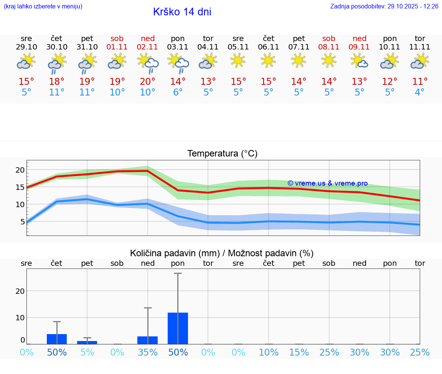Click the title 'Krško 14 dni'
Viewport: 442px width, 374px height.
point(182,12)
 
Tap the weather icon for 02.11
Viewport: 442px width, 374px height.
point(148,63)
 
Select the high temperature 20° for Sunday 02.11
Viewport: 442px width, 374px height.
point(148,82)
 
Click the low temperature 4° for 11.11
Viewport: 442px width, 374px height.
point(420,92)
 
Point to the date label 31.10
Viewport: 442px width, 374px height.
point(87,47)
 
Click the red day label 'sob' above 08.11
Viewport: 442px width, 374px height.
point(329,38)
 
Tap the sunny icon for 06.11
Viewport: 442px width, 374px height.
point(268,60)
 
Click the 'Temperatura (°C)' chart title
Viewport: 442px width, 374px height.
point(222,154)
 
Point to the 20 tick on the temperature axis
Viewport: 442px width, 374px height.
point(20,170)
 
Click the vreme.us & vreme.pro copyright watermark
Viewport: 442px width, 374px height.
point(327,183)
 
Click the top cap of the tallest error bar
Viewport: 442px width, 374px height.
point(178,273)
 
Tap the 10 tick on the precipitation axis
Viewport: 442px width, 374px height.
point(20,318)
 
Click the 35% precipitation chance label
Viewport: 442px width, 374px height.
point(148,352)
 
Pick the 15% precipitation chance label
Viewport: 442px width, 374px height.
point(299,352)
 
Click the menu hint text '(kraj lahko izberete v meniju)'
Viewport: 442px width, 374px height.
point(43,7)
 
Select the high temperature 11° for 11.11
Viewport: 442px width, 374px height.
point(420,82)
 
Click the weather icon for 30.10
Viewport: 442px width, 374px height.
point(57,63)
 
